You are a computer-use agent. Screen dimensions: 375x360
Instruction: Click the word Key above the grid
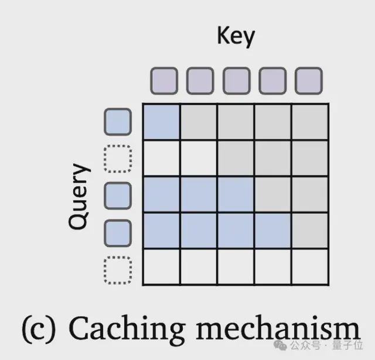tap(236, 36)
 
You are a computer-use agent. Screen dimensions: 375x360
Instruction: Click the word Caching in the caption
tap(127, 328)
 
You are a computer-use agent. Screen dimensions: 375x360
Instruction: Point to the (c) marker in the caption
tap(39, 329)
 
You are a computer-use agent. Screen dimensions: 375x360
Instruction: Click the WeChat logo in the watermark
tap(280, 345)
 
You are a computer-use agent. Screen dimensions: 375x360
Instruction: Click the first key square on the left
tap(164, 81)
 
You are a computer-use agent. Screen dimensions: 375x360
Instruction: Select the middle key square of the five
tap(237, 81)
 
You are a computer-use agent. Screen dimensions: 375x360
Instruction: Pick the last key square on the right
tap(309, 81)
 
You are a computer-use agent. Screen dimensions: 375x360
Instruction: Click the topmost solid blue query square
tap(118, 122)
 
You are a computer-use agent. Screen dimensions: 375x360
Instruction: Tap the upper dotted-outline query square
tap(118, 159)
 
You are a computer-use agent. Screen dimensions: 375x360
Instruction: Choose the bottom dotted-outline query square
tap(118, 270)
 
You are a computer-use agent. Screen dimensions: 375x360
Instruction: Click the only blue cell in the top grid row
tap(162, 122)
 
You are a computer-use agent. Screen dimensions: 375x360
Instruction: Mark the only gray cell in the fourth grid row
tap(310, 231)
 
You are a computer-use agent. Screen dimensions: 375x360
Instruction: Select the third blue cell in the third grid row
tap(236, 194)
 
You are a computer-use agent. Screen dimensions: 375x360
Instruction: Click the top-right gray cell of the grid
tap(310, 122)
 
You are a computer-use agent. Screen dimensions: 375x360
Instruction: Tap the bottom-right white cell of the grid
tap(310, 267)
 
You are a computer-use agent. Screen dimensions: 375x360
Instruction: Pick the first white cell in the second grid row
tap(162, 159)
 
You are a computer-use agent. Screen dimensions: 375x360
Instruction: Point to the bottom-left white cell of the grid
tap(162, 267)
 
